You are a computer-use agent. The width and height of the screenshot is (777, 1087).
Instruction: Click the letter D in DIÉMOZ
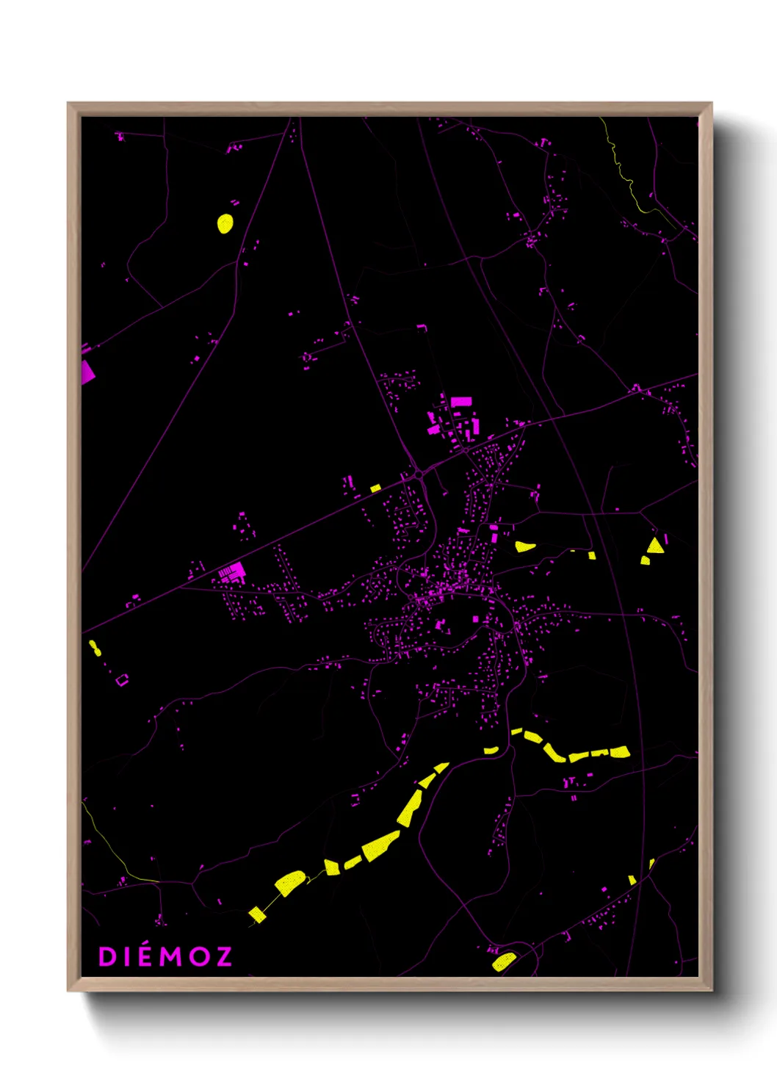point(107,956)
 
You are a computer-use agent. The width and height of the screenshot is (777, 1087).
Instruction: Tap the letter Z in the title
point(223,956)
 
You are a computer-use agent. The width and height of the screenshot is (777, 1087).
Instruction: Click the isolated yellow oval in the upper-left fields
point(225,223)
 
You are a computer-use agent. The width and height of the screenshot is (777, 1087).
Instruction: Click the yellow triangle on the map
point(655,546)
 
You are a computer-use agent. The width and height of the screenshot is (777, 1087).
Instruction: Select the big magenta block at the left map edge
point(87,372)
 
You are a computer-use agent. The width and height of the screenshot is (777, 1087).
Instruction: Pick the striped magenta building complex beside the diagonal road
point(234,571)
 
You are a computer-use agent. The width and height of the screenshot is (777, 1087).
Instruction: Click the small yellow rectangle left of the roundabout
point(375,488)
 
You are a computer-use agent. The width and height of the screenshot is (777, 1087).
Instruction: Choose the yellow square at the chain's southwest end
point(256,914)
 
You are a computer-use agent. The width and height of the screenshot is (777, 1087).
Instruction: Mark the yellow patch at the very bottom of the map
point(504,961)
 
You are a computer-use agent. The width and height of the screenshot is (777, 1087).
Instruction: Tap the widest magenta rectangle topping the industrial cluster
point(460,402)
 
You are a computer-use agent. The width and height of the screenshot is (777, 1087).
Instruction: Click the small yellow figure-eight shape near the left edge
point(94,648)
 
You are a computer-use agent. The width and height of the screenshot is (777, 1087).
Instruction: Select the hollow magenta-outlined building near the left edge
point(122,680)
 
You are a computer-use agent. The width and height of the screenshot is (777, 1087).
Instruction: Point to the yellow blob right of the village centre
point(524,546)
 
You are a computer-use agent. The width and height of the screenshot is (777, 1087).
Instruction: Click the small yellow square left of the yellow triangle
point(645,560)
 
